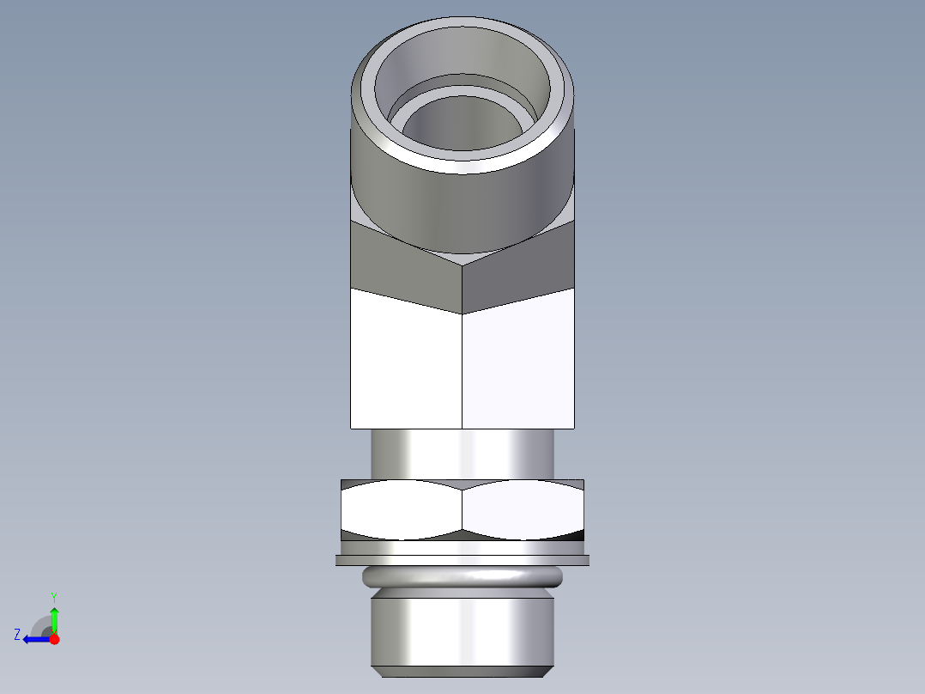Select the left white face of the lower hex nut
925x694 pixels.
tap(402, 509)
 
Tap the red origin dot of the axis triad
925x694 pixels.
tap(54, 639)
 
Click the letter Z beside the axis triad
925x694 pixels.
tap(17, 635)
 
